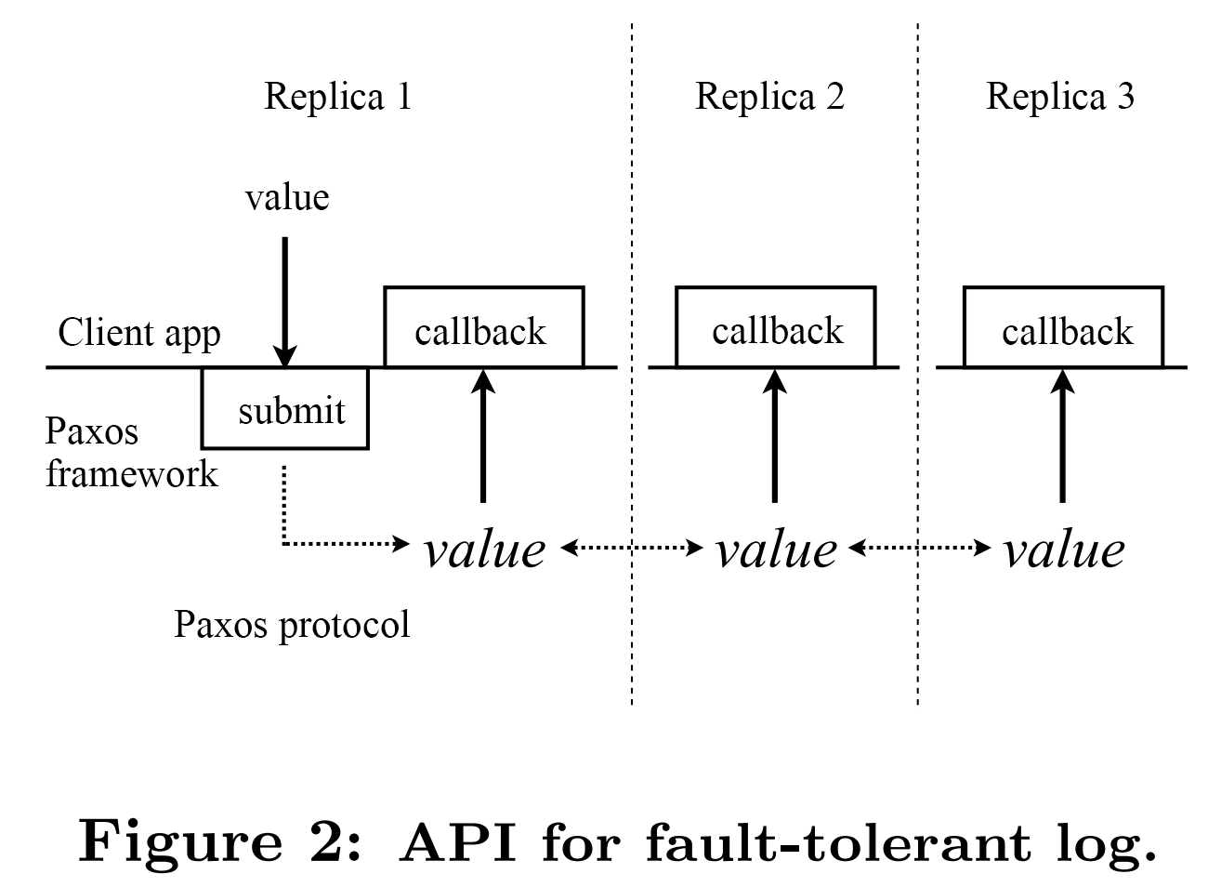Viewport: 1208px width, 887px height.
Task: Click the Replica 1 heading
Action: (337, 97)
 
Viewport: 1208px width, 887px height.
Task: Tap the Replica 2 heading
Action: (769, 97)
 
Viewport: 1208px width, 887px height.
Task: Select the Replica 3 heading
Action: (1059, 97)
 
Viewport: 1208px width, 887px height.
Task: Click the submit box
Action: (285, 409)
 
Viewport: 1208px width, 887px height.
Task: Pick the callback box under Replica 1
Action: (483, 328)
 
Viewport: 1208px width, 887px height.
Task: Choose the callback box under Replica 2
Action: (775, 328)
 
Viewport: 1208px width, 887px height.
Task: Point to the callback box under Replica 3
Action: (1064, 328)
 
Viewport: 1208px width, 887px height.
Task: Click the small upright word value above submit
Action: (287, 197)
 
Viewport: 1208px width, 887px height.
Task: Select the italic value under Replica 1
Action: (484, 549)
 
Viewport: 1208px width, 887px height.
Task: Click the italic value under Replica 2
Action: (776, 549)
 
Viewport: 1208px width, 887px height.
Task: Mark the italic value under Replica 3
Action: (1064, 549)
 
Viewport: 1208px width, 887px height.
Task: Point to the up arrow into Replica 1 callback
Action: (482, 437)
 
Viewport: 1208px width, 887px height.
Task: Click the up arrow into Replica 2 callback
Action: (775, 437)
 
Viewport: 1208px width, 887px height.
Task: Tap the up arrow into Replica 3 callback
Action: (1063, 437)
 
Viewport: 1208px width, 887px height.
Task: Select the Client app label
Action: (139, 333)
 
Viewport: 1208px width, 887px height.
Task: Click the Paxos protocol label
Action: (292, 624)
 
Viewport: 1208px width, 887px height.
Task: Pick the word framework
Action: (131, 473)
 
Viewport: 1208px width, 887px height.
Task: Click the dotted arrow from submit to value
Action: (335, 542)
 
